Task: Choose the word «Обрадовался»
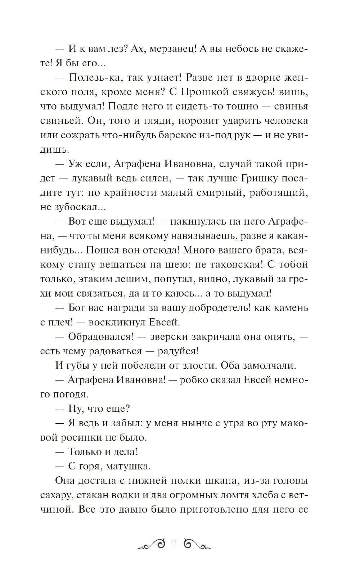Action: click(101, 337)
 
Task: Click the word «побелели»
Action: click(154, 366)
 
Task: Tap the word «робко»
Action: click(198, 380)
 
